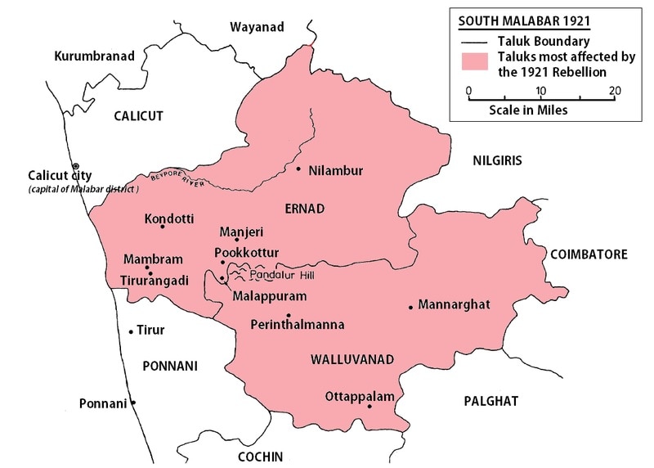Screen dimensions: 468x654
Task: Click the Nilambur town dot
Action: (x=298, y=169)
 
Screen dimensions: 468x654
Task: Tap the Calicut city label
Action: (x=60, y=175)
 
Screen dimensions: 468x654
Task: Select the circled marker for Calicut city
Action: (x=75, y=165)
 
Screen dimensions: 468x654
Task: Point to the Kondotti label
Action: (x=168, y=219)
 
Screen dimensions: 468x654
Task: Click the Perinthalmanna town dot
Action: (x=288, y=315)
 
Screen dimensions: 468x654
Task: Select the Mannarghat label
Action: (x=454, y=305)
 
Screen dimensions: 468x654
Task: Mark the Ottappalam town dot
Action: (x=370, y=407)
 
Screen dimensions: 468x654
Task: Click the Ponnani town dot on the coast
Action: (x=133, y=403)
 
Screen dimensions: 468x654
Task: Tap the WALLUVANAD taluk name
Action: (x=352, y=359)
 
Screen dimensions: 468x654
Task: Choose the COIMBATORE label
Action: (x=589, y=254)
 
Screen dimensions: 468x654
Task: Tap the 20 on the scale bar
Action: (x=615, y=90)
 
